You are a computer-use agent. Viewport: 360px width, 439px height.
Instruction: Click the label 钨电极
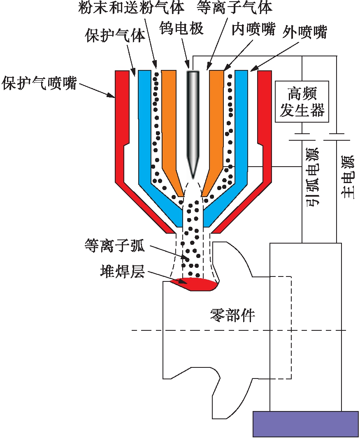tap(181, 28)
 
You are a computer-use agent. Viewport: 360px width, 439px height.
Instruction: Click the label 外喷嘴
tap(305, 32)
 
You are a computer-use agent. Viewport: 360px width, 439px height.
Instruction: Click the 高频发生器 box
tap(302, 101)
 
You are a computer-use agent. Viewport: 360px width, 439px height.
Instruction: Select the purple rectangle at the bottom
tap(305, 423)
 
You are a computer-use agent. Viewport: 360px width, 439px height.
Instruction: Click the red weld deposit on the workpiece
tap(193, 283)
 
